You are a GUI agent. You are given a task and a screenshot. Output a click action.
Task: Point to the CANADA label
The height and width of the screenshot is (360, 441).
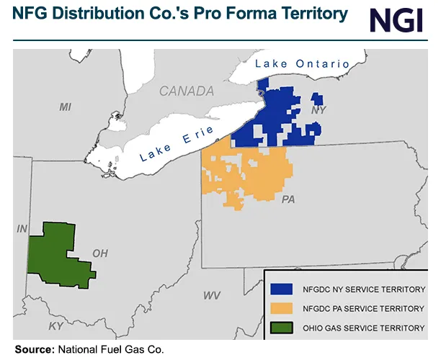pyautogui.click(x=187, y=91)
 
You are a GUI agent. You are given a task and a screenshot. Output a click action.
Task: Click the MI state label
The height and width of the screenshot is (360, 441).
pyautogui.click(x=66, y=107)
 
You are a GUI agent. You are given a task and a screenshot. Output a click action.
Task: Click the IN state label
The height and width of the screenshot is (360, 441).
pyautogui.click(x=22, y=228)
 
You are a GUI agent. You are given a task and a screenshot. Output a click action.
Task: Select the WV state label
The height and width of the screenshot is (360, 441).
pyautogui.click(x=211, y=296)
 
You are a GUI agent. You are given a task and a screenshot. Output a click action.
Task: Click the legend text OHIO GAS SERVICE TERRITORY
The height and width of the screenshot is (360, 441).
pyautogui.click(x=365, y=328)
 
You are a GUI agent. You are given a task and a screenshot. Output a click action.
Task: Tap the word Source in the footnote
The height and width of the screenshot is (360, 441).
pyautogui.click(x=33, y=349)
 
